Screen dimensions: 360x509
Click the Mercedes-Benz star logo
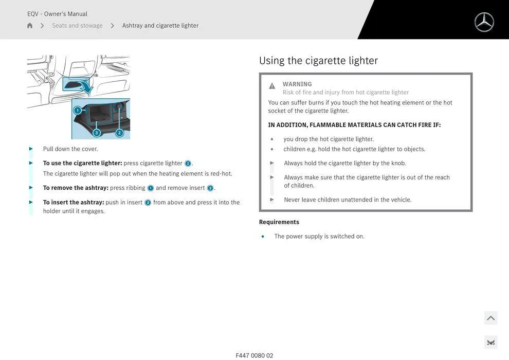coord(484,22)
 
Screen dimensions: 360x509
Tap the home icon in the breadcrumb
coord(30,26)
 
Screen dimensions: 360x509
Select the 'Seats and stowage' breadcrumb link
coord(77,26)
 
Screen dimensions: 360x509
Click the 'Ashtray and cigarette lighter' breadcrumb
coord(160,26)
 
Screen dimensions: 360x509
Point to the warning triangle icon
coord(272,86)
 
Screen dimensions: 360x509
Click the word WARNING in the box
coord(297,84)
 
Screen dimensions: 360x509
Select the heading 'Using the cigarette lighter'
coord(318,61)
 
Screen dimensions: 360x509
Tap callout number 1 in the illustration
coord(78,110)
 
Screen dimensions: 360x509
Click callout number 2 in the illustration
coord(119,133)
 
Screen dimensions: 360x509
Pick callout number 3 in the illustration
coord(96,133)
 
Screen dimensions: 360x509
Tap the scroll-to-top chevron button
coord(490,318)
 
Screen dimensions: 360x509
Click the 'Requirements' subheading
coord(279,222)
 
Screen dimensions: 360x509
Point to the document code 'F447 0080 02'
coord(254,355)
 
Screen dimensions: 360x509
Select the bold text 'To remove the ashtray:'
coord(76,188)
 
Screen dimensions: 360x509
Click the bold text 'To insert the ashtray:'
coord(74,203)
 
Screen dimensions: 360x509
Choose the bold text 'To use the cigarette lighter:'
coord(82,164)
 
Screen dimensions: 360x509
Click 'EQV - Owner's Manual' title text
coord(57,14)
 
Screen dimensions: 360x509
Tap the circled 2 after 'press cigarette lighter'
coord(188,164)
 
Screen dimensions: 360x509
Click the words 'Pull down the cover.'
coord(70,149)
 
